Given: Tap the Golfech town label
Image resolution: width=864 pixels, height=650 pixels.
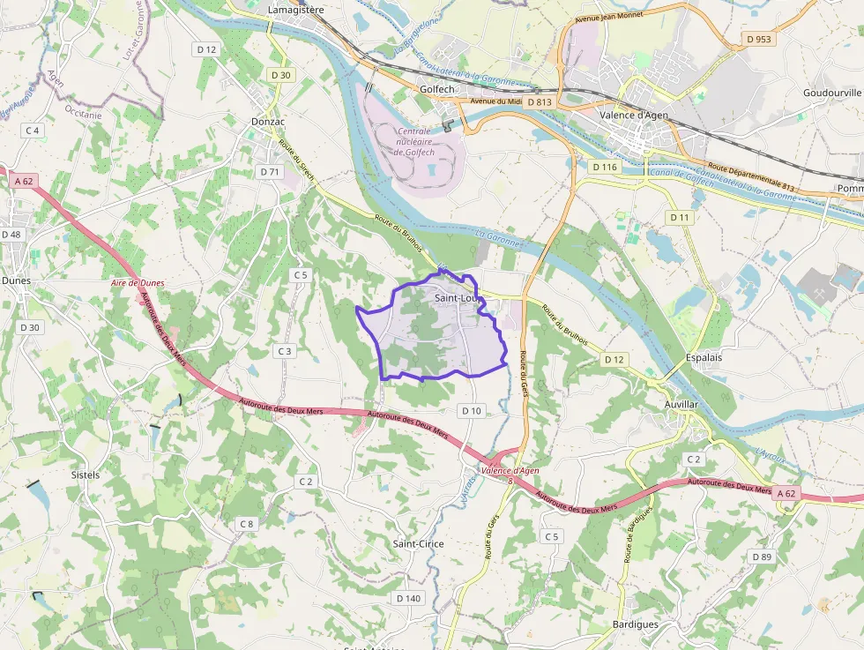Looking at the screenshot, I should (x=436, y=89).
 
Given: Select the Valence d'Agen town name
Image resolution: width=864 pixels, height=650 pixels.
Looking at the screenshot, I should (x=635, y=115).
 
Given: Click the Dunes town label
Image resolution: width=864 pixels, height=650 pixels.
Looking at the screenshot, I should (x=16, y=280).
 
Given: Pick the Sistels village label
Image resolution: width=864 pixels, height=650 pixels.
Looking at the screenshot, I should (x=85, y=474).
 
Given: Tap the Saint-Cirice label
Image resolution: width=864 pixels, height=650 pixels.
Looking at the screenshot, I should (x=418, y=544).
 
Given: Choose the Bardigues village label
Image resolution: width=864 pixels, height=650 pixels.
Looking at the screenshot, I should (x=635, y=624).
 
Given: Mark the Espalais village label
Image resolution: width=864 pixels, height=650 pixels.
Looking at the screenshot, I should (x=704, y=358).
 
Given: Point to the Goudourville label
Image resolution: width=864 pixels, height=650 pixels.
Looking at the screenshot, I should (x=831, y=93).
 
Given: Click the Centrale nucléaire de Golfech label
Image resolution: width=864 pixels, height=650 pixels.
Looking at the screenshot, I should (x=414, y=141).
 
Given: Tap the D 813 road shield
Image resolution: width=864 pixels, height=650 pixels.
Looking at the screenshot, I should (x=540, y=102).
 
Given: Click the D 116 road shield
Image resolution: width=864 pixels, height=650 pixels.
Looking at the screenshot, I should (x=606, y=167).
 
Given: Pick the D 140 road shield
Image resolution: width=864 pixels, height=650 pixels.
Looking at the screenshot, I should (x=408, y=598).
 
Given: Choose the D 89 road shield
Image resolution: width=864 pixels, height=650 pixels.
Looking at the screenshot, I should (x=761, y=557).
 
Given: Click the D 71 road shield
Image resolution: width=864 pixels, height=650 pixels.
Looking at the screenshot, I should (x=270, y=172).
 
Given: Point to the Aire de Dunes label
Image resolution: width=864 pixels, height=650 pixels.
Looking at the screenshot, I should (x=138, y=283).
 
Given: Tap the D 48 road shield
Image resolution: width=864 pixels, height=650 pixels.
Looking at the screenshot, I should (x=11, y=235).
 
